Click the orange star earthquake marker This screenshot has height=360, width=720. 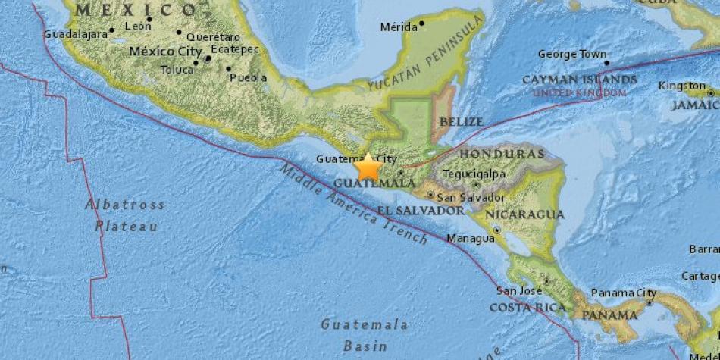tap(369, 166)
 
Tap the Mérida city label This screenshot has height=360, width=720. tap(399, 27)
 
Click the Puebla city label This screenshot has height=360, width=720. tap(248, 77)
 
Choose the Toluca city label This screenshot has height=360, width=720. tap(177, 70)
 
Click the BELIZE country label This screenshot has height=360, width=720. tap(461, 121)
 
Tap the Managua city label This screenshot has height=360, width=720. tap(471, 239)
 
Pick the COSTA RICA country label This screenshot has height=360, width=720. tap(527, 307)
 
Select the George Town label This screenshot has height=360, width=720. tap(572, 55)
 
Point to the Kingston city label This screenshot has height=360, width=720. tap(681, 86)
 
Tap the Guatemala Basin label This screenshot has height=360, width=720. tap(365, 334)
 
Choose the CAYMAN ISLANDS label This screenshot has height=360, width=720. tap(579, 79)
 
